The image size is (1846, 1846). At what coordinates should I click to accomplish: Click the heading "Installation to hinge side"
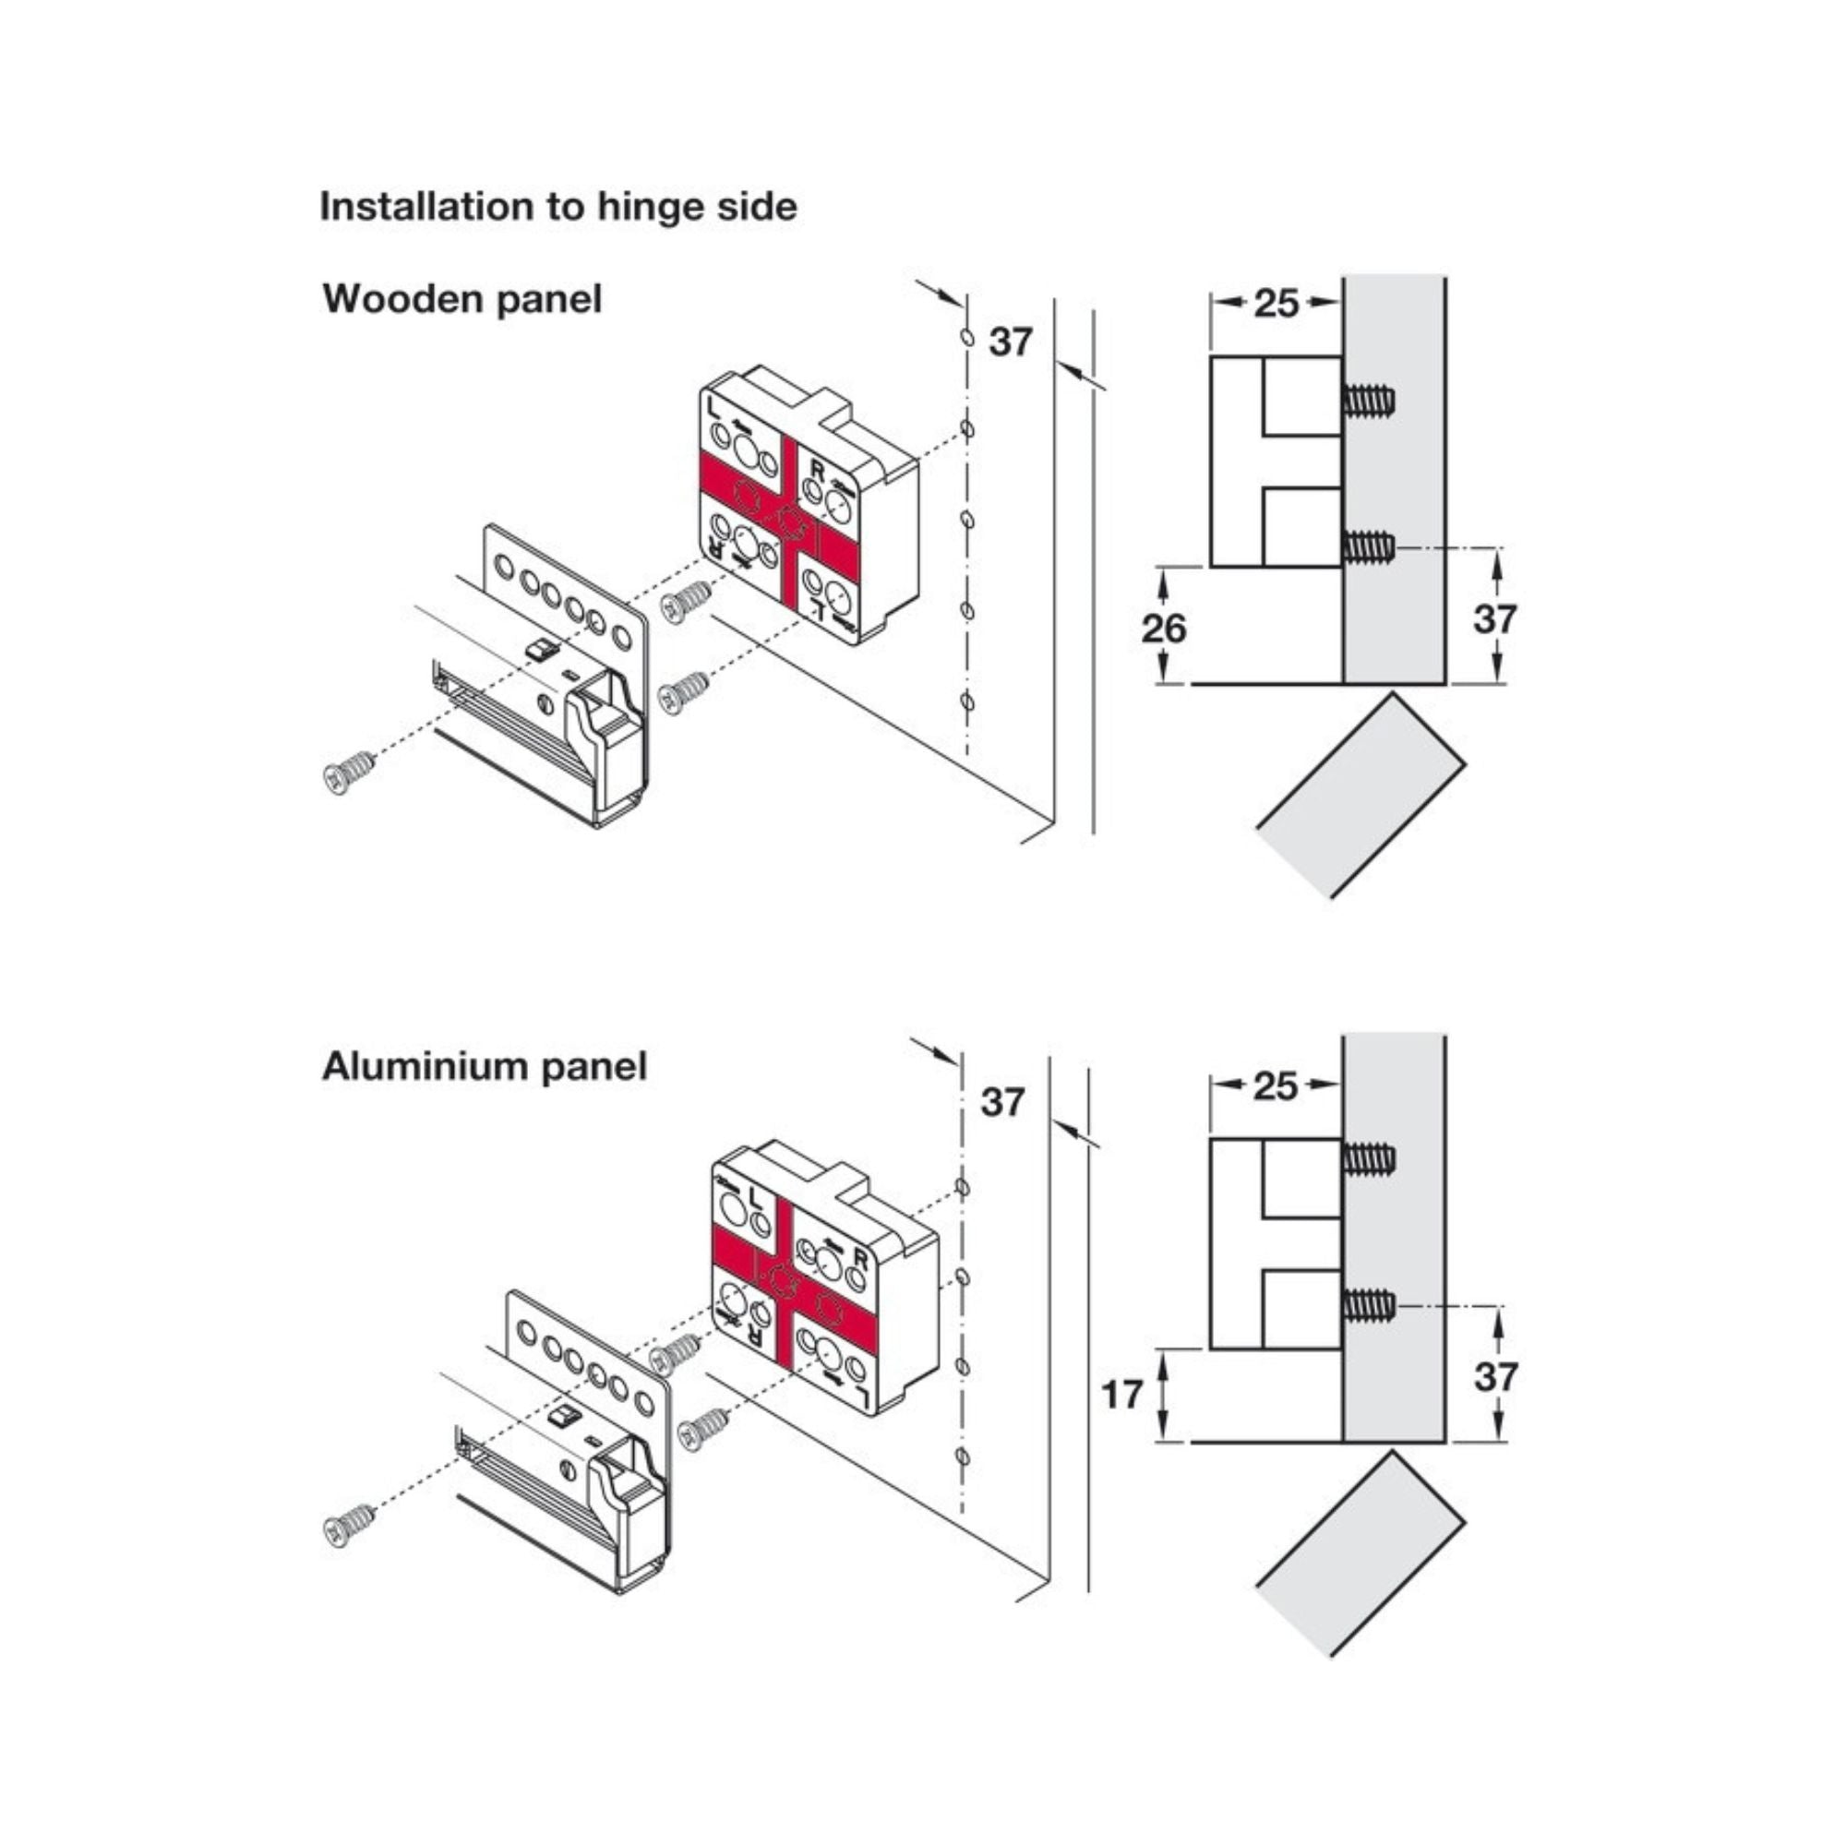tap(558, 207)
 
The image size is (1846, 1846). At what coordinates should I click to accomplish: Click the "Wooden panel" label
tap(462, 299)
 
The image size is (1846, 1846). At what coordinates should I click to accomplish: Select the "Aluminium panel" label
tap(485, 1066)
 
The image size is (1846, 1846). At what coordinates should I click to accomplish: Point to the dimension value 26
tap(1163, 628)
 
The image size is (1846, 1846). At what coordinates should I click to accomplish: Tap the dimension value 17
tap(1121, 1395)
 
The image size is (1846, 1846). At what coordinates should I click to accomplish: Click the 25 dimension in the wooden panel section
tap(1277, 303)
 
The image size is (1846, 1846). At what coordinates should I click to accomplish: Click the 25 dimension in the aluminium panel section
tap(1276, 1085)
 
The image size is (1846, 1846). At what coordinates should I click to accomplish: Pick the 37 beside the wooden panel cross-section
tap(1495, 619)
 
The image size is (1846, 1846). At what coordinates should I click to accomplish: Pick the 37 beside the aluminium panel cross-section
tap(1495, 1377)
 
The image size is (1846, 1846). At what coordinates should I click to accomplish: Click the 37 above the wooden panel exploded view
tap(1011, 342)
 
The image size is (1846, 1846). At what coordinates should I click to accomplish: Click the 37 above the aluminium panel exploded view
tap(1003, 1102)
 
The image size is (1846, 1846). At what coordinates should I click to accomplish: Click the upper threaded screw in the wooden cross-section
tap(1369, 400)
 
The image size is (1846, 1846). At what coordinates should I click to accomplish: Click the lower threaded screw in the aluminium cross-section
tap(1369, 1305)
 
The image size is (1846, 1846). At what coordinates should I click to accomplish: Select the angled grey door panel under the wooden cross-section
tap(1361, 795)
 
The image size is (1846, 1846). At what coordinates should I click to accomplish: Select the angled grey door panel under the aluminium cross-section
tap(1361, 1554)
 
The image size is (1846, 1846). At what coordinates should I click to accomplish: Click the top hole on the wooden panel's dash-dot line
tap(966, 338)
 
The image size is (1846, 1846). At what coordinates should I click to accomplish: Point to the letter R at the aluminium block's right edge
tap(860, 1260)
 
